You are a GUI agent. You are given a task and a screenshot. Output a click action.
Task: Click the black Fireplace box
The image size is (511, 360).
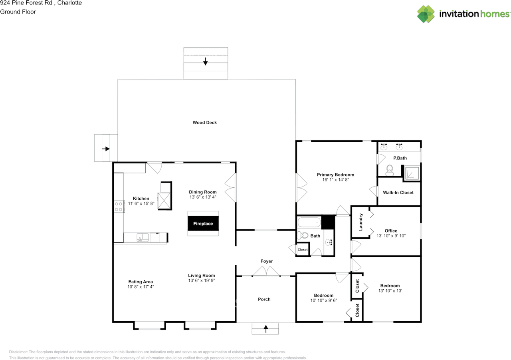(x=203, y=224)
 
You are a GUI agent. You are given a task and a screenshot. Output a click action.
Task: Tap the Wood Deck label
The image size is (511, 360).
(x=205, y=123)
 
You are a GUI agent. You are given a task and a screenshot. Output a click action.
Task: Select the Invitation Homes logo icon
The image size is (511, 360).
(x=426, y=14)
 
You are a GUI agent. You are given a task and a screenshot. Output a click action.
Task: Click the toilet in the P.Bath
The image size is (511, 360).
(x=389, y=171)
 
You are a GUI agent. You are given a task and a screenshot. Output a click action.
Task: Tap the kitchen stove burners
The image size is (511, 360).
(x=119, y=206)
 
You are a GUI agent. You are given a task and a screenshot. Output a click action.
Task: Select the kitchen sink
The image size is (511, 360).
(x=142, y=238)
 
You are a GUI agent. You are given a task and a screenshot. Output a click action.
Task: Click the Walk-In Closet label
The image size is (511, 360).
(x=398, y=193)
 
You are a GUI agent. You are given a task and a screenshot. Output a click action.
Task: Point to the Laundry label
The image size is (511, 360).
(x=361, y=222)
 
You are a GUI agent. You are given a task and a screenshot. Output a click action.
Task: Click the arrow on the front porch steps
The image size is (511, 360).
(x=266, y=329)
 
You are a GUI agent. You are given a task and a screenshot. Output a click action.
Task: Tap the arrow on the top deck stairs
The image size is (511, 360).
(x=206, y=62)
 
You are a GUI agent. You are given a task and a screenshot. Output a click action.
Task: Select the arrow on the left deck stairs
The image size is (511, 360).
(x=106, y=149)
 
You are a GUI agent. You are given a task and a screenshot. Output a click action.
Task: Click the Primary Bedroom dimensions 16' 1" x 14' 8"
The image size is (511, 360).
(x=335, y=180)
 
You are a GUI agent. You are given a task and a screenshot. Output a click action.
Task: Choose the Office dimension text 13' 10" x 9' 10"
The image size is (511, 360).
(x=391, y=236)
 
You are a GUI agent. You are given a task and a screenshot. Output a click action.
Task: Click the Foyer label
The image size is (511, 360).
(x=267, y=261)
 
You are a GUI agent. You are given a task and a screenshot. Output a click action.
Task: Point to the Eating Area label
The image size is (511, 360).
(x=141, y=282)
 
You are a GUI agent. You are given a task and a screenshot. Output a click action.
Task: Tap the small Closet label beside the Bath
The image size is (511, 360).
(x=303, y=250)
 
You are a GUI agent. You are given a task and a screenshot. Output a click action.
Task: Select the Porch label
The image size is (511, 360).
(x=264, y=299)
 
